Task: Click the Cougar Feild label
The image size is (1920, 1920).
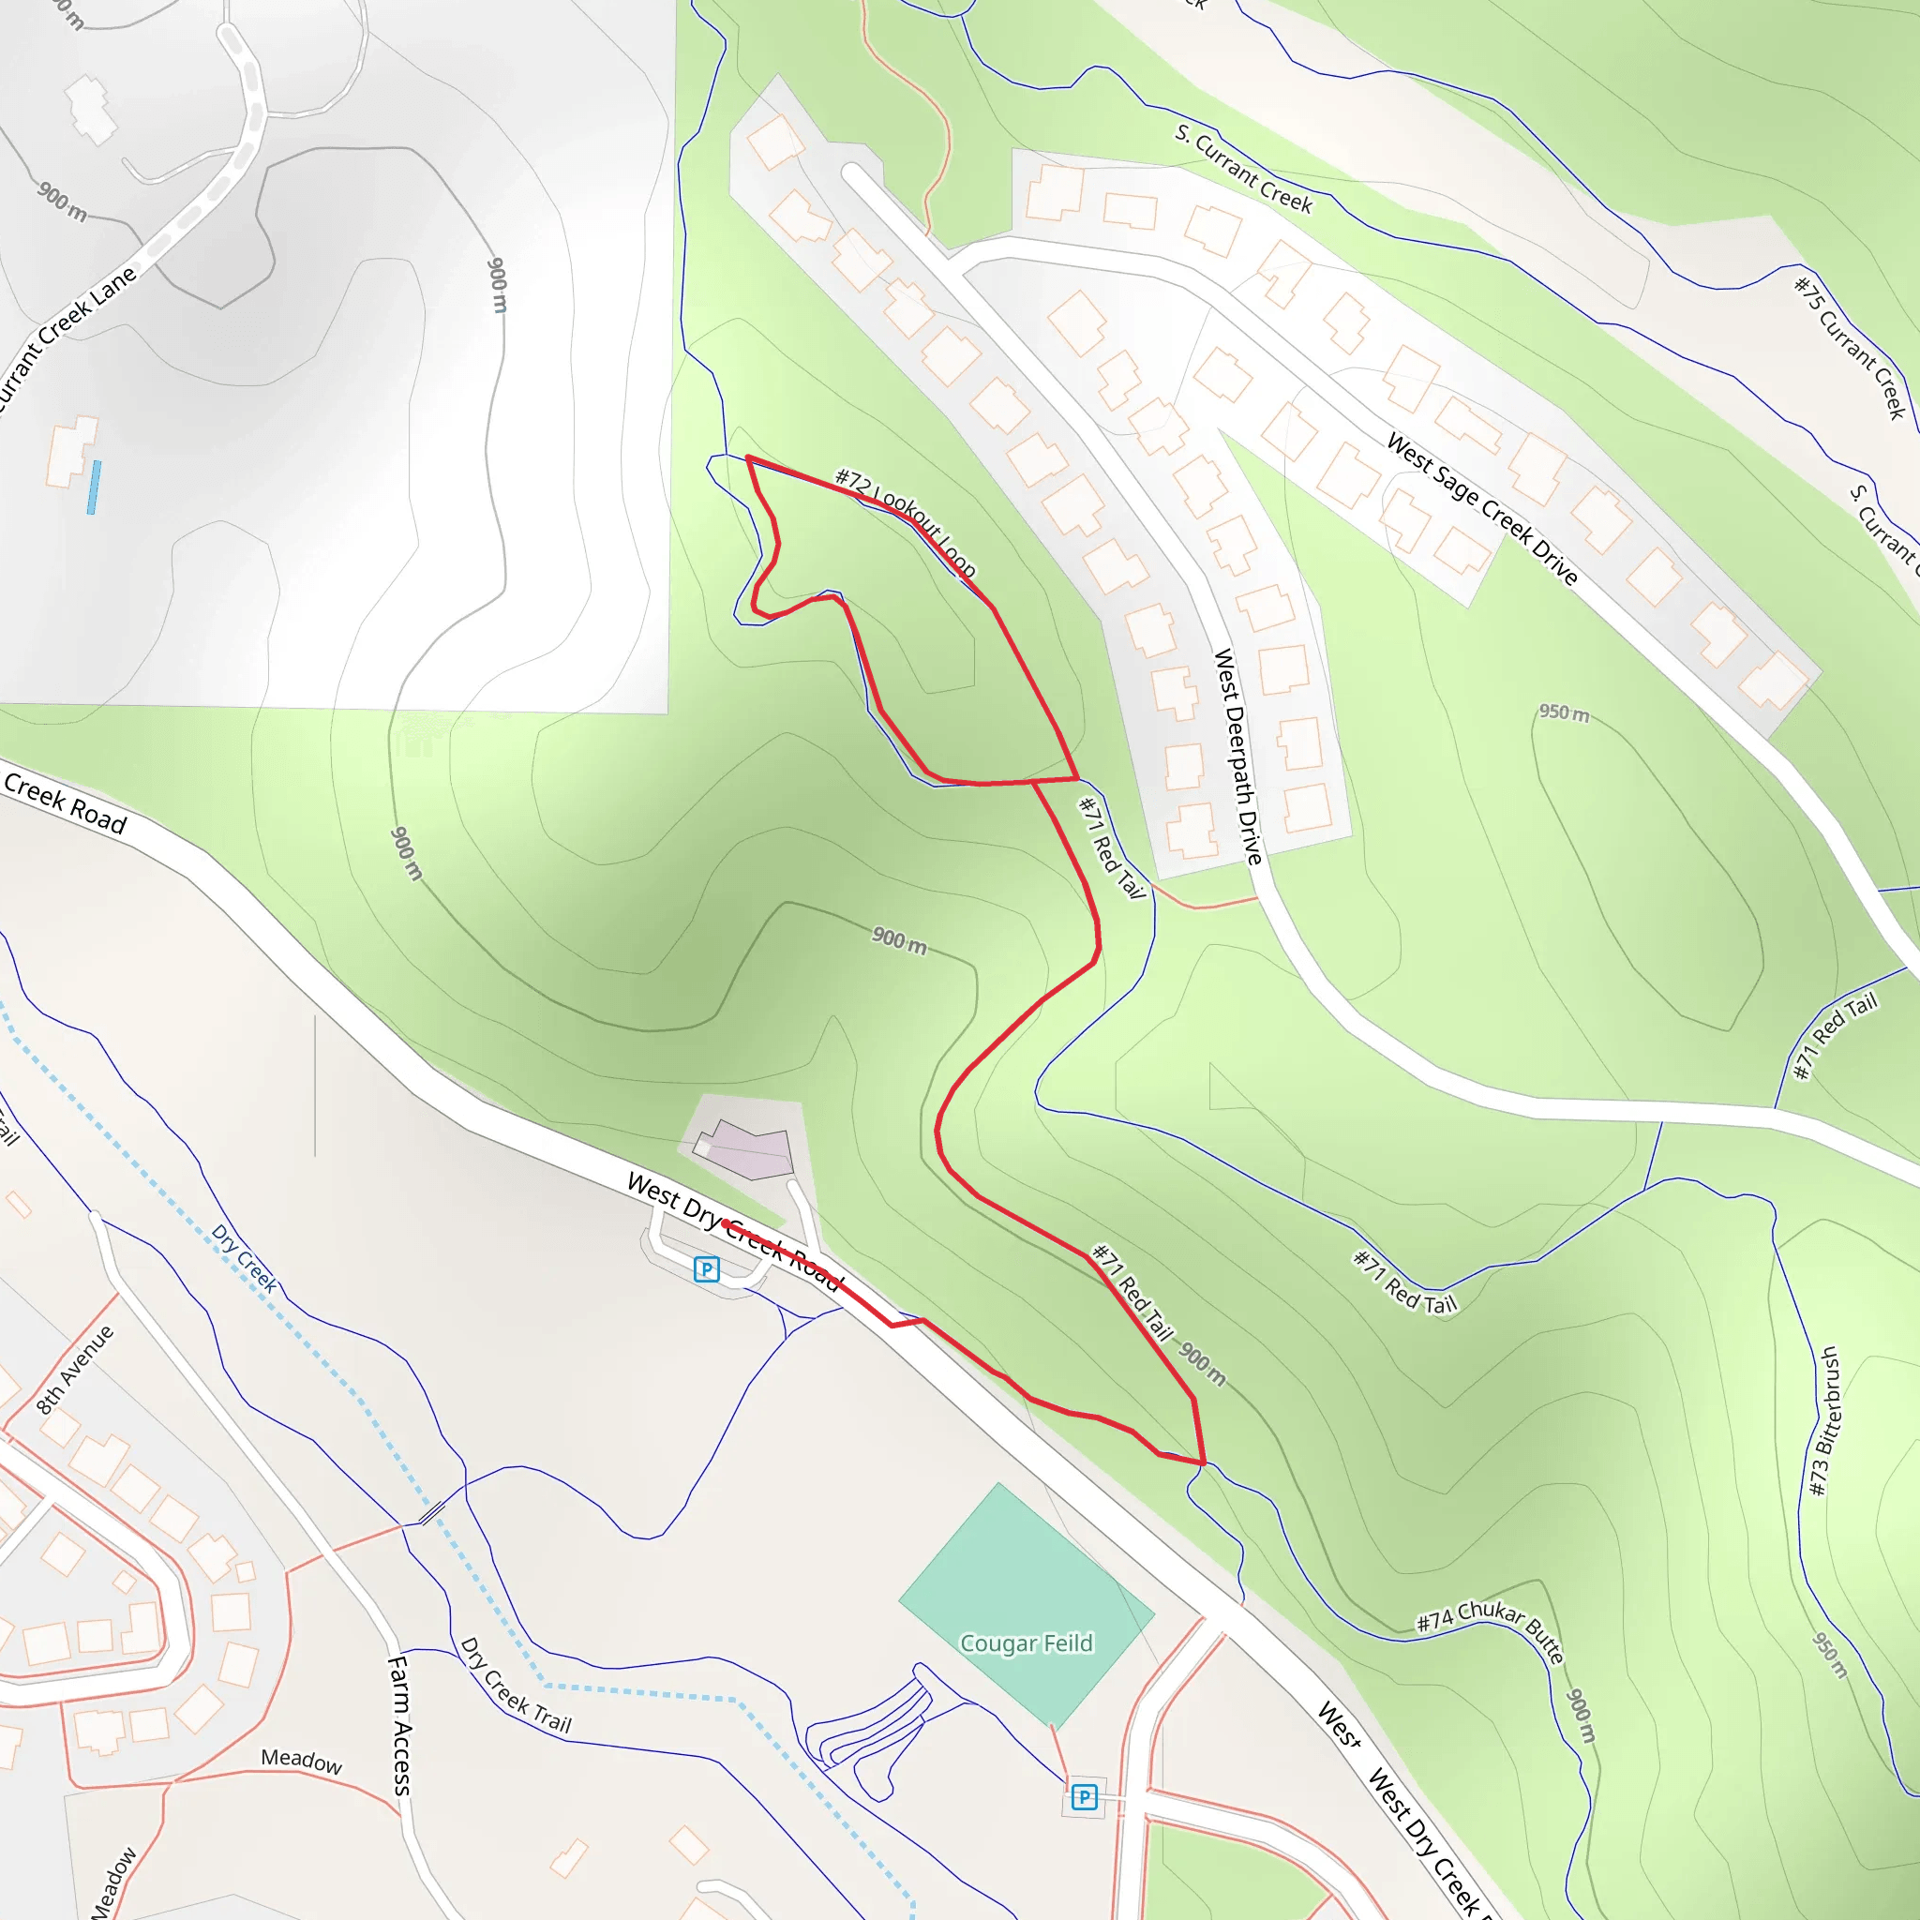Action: coord(1026,1642)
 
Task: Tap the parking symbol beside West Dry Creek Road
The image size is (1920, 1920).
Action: coord(707,1269)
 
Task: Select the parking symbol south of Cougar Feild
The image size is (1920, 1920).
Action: coord(1085,1797)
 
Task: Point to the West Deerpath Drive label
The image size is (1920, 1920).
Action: coord(1238,757)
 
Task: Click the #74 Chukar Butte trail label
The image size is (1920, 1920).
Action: coord(1490,1629)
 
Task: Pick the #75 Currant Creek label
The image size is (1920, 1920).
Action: coord(1850,348)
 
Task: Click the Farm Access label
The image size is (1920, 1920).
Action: coord(399,1725)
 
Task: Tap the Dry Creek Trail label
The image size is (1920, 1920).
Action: coord(515,1687)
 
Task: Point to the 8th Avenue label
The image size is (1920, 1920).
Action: coord(76,1370)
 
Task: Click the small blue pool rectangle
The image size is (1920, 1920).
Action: coord(94,487)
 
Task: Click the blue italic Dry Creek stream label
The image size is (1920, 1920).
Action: coord(245,1258)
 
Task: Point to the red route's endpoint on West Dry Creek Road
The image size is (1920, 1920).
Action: coord(726,1222)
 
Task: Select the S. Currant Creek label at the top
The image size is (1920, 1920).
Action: coord(1243,169)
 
